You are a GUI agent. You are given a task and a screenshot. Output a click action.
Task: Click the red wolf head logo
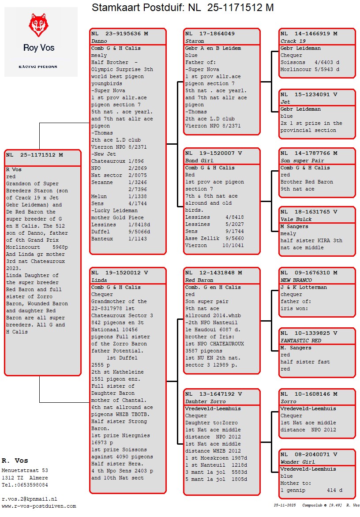tap(38, 25)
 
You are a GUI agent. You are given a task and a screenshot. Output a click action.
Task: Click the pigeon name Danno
tap(99, 41)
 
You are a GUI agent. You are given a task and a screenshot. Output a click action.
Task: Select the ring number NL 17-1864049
tap(210, 34)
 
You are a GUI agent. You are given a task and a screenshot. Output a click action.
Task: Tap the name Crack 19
tap(293, 41)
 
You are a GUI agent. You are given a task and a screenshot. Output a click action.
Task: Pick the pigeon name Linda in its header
tap(99, 280)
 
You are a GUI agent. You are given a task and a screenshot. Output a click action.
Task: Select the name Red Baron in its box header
tap(199, 280)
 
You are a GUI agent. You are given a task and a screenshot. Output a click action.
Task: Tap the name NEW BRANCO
tap(296, 280)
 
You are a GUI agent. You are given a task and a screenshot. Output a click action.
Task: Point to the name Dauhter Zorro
tap(206, 401)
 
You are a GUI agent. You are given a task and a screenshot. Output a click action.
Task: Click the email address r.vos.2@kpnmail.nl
tap(30, 499)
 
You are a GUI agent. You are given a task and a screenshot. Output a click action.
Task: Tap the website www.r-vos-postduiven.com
tap(39, 506)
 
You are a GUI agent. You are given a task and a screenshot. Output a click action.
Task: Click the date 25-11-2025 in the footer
tap(285, 505)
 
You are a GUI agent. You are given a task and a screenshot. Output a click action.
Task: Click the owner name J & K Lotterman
tap(304, 288)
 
